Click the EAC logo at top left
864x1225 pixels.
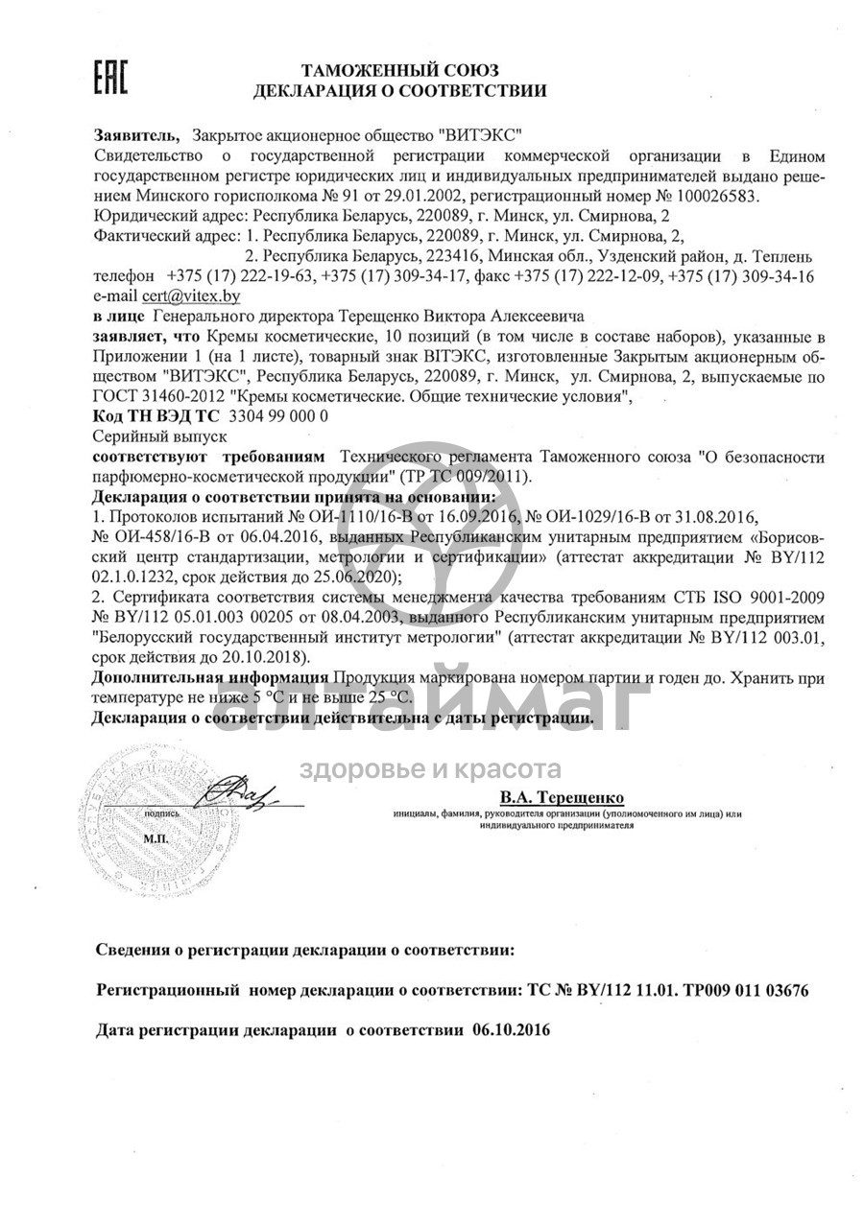(x=109, y=79)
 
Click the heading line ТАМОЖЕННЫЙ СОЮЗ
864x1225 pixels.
(x=399, y=71)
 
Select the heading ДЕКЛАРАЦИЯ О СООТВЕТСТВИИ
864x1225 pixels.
(x=399, y=92)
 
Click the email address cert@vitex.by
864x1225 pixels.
(x=191, y=296)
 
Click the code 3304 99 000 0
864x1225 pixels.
(x=279, y=415)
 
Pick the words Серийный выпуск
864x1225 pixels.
(x=144, y=436)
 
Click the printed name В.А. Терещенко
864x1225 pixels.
(x=562, y=797)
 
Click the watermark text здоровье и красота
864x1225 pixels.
(x=430, y=769)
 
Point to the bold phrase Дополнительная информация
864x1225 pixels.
(x=210, y=677)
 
